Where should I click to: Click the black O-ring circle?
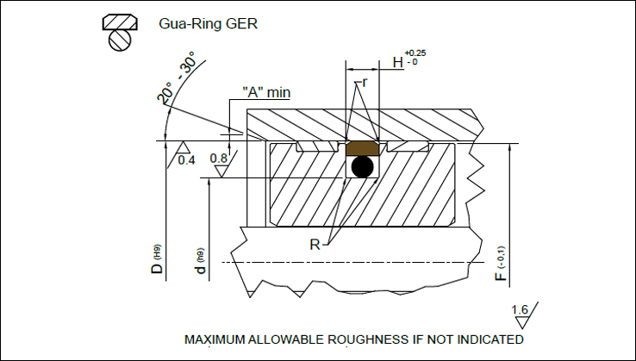[x=362, y=167]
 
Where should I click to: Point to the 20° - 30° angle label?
[x=176, y=78]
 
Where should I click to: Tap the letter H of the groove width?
[x=398, y=62]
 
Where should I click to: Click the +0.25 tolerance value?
[x=415, y=53]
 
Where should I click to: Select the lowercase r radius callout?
[x=365, y=83]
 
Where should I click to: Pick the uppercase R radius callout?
[x=317, y=245]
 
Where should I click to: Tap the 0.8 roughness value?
[x=219, y=159]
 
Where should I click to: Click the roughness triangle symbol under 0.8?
[x=222, y=171]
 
